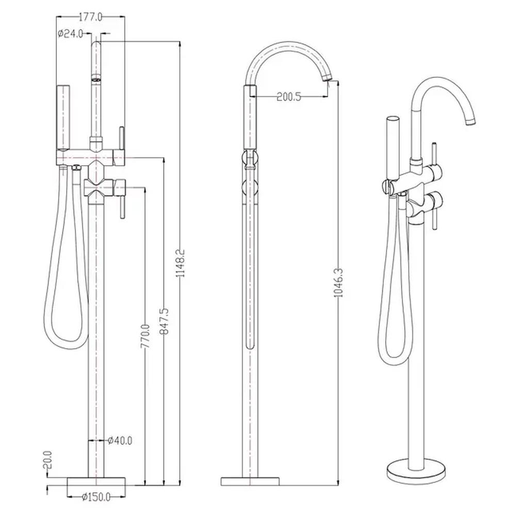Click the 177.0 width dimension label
[91, 17]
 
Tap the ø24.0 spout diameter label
[70, 34]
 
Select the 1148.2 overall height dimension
[180, 263]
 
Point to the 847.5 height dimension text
[164, 321]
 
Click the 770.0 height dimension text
[145, 336]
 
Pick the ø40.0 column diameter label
[120, 440]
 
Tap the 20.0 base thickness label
[48, 460]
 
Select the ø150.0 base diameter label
[96, 497]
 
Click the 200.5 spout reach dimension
[289, 97]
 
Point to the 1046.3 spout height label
[338, 283]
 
